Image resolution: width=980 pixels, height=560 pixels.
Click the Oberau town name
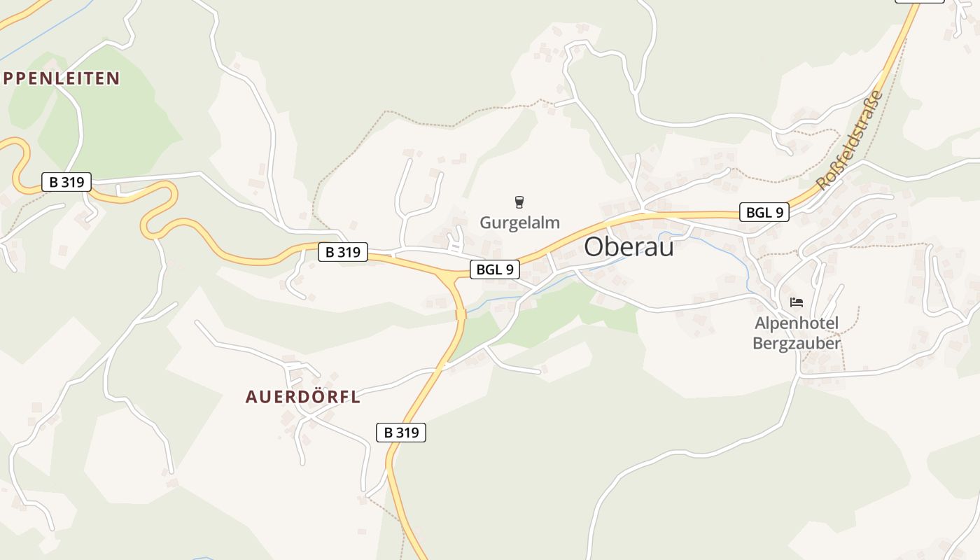pyautogui.click(x=629, y=246)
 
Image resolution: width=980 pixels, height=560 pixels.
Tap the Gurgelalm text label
pyautogui.click(x=519, y=223)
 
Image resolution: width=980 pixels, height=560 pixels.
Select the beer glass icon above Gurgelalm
pyautogui.click(x=519, y=202)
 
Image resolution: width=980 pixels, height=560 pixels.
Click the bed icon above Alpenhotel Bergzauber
pyautogui.click(x=796, y=302)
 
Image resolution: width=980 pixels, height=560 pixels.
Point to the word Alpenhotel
pyautogui.click(x=796, y=324)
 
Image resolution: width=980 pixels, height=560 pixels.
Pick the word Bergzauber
pyautogui.click(x=796, y=343)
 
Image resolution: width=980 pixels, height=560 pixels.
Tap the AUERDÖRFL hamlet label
pyautogui.click(x=302, y=397)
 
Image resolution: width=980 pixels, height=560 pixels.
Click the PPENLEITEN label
pyautogui.click(x=62, y=78)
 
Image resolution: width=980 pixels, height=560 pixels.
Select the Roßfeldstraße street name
pyautogui.click(x=850, y=140)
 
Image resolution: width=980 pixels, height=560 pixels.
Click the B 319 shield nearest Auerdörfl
pyautogui.click(x=401, y=433)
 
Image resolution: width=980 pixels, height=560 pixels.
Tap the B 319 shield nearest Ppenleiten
pyautogui.click(x=66, y=182)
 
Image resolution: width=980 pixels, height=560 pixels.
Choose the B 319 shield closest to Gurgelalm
pyautogui.click(x=343, y=252)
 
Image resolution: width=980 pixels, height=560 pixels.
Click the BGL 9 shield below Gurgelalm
pyautogui.click(x=495, y=269)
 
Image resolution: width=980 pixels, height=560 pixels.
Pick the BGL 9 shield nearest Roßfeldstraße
pyautogui.click(x=764, y=212)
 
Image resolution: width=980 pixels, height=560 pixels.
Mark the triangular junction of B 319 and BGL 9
pyautogui.click(x=449, y=280)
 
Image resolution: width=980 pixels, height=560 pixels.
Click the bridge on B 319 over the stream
pyautogui.click(x=461, y=315)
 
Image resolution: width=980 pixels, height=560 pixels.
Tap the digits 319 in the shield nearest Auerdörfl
pyautogui.click(x=407, y=433)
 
